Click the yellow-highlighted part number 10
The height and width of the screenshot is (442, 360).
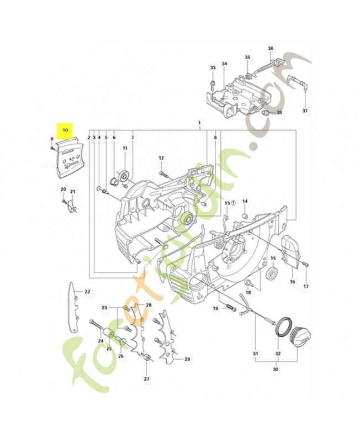pos(65,130)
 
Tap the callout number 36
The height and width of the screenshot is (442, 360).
pos(271,49)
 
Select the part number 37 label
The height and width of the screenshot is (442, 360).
pos(305,111)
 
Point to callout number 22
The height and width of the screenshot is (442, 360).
pos(87,292)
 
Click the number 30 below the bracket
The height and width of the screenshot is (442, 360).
pos(276,369)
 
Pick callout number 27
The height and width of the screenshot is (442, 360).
pos(146,379)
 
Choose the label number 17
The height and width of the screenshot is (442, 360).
pos(306,286)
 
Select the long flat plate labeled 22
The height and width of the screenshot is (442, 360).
pos(73,308)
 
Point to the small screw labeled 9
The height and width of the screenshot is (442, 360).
pos(52,148)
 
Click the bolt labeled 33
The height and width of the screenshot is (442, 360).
pos(213,83)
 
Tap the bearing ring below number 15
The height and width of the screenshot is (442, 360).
pos(273,273)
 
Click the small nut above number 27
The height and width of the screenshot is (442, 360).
pos(146,358)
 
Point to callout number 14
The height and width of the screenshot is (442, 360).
pos(245,201)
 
